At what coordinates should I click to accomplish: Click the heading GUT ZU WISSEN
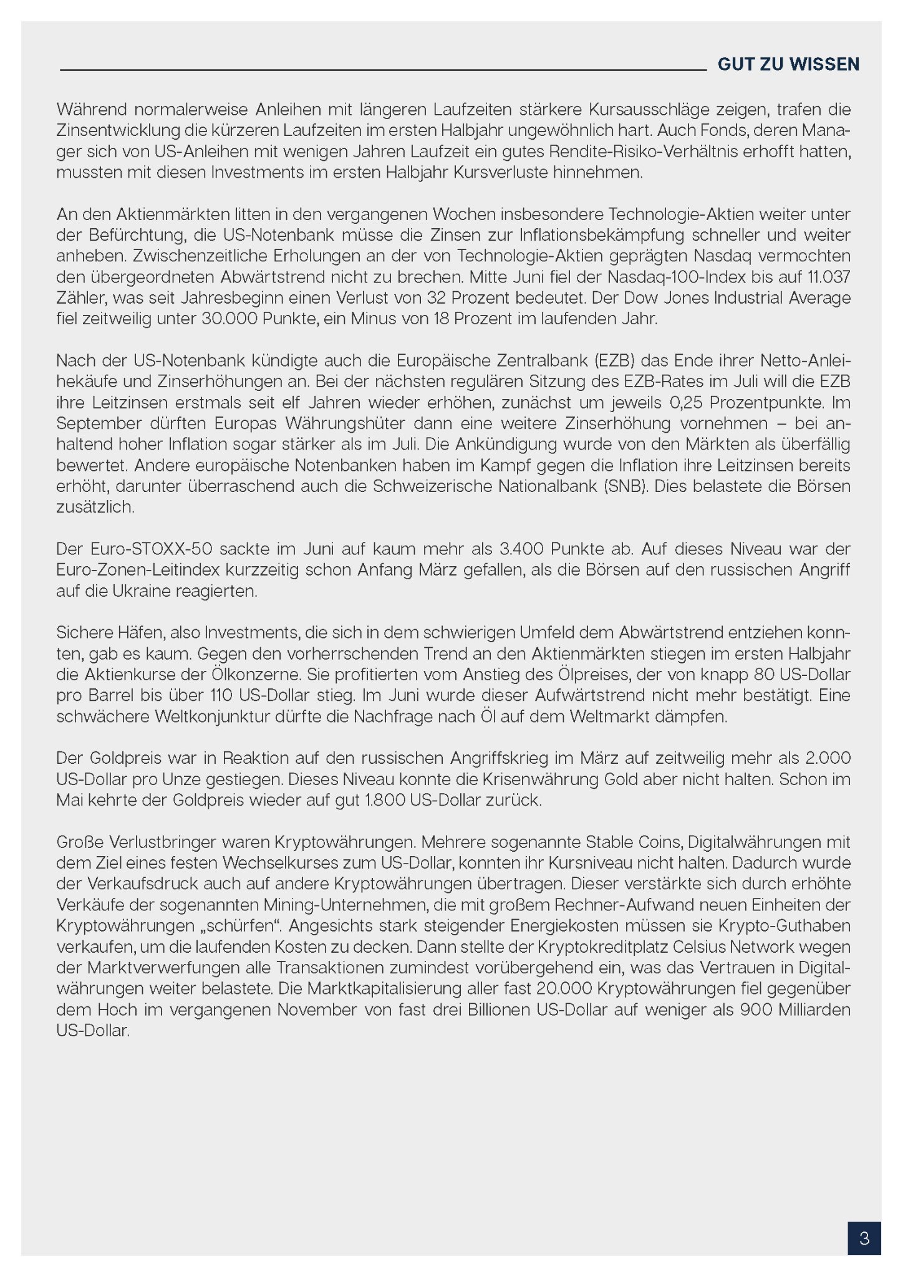pos(788,64)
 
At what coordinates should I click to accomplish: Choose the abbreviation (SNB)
pos(625,486)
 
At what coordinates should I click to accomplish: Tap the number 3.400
pos(521,549)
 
